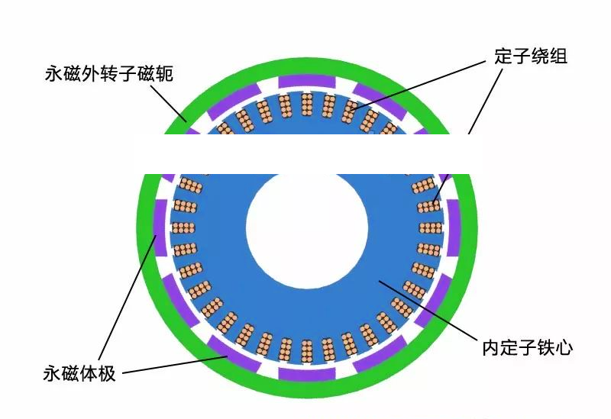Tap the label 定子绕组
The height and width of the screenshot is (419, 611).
(x=529, y=56)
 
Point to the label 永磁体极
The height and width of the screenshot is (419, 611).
(x=79, y=374)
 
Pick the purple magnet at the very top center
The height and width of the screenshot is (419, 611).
(x=306, y=81)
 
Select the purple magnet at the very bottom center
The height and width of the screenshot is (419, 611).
(x=306, y=374)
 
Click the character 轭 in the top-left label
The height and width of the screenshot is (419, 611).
(x=165, y=74)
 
